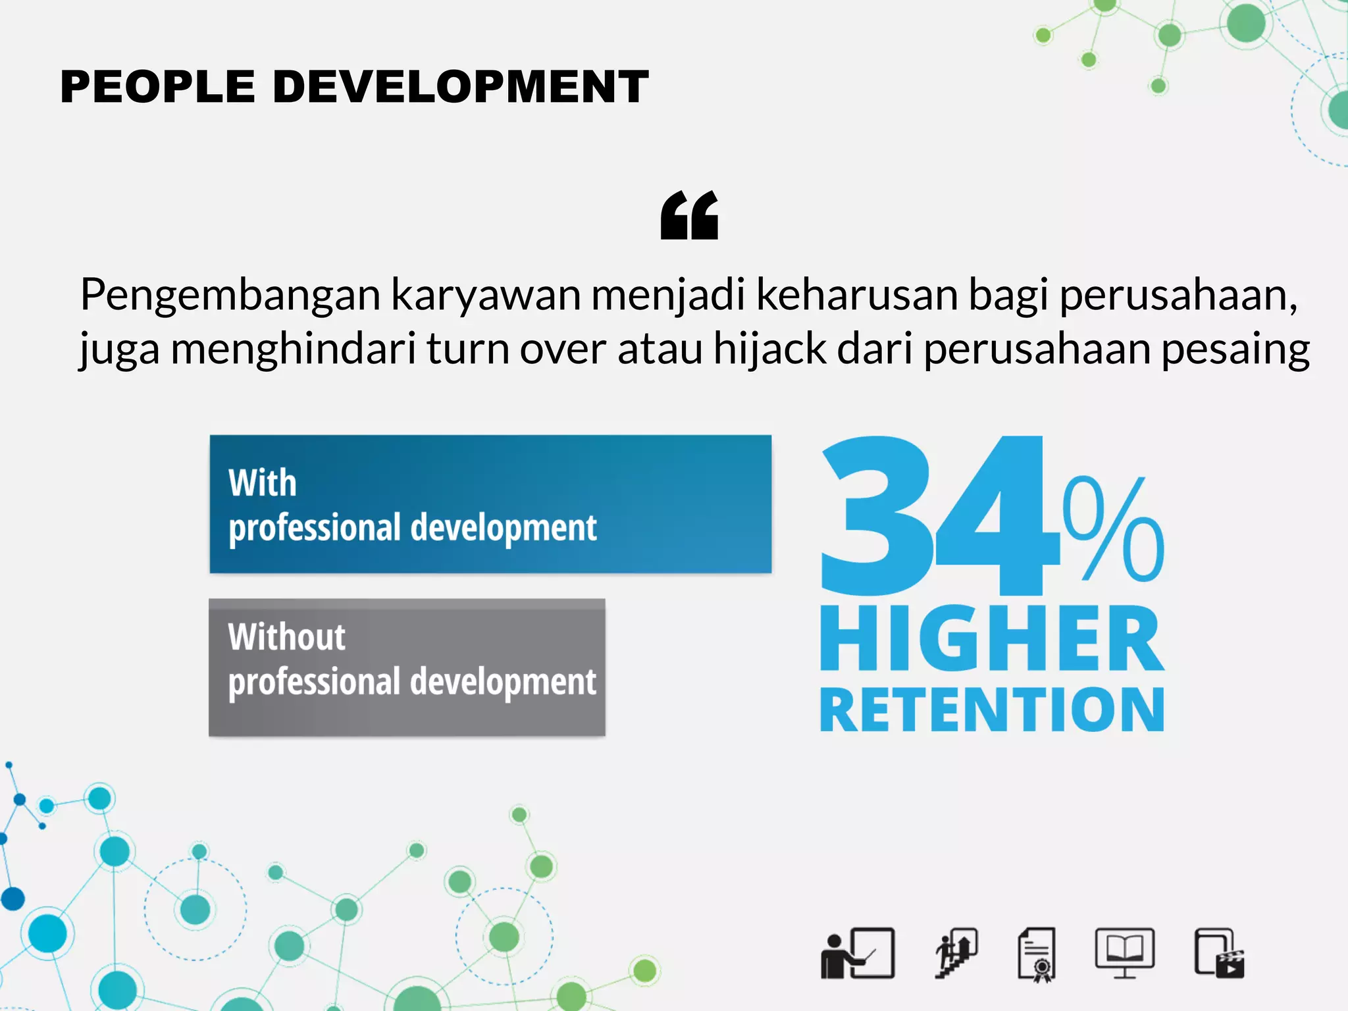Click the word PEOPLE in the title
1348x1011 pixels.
(x=157, y=87)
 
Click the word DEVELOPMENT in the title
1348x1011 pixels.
(x=460, y=87)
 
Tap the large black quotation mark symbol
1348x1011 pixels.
(x=689, y=215)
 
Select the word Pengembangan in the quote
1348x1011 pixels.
(x=230, y=296)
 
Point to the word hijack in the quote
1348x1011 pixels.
(x=769, y=349)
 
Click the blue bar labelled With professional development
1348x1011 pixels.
(x=490, y=504)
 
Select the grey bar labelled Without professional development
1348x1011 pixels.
(x=407, y=667)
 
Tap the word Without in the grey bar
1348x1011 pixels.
(x=286, y=637)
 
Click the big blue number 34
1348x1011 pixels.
(x=938, y=517)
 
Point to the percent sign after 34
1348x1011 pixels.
(x=1113, y=530)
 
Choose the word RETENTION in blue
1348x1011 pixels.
(x=991, y=710)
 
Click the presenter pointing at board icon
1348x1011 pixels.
(x=858, y=954)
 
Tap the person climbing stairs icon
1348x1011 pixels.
(x=956, y=954)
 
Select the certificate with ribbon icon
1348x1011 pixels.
(x=1037, y=955)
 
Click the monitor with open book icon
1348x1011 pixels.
(x=1124, y=952)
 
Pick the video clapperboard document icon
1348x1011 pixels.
(x=1219, y=954)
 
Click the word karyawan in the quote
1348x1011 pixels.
(x=486, y=296)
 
